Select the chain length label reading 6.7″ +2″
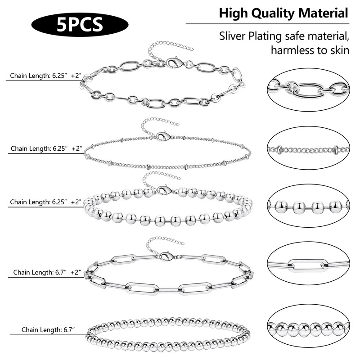click(47, 272)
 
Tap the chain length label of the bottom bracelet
click(43, 330)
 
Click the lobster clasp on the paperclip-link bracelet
click(164, 256)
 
